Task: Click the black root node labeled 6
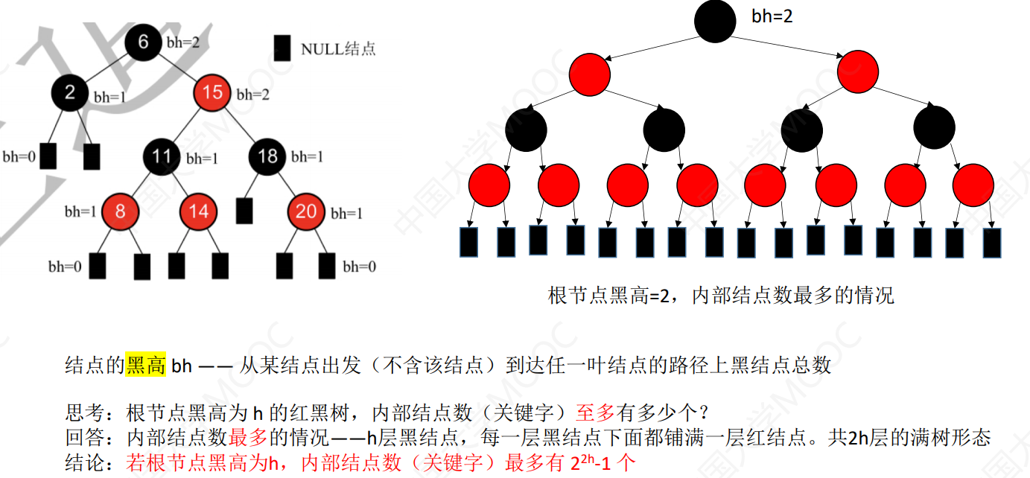point(143,42)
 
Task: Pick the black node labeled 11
point(163,156)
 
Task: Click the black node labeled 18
point(267,156)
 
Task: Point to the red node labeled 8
point(121,211)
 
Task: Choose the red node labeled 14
point(198,211)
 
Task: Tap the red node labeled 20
point(306,211)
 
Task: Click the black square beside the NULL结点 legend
point(282,48)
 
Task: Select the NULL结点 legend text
point(338,49)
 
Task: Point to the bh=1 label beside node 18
point(307,157)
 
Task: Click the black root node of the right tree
point(715,20)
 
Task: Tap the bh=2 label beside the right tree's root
point(772,16)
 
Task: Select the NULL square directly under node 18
point(244,210)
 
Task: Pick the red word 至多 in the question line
point(594,412)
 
